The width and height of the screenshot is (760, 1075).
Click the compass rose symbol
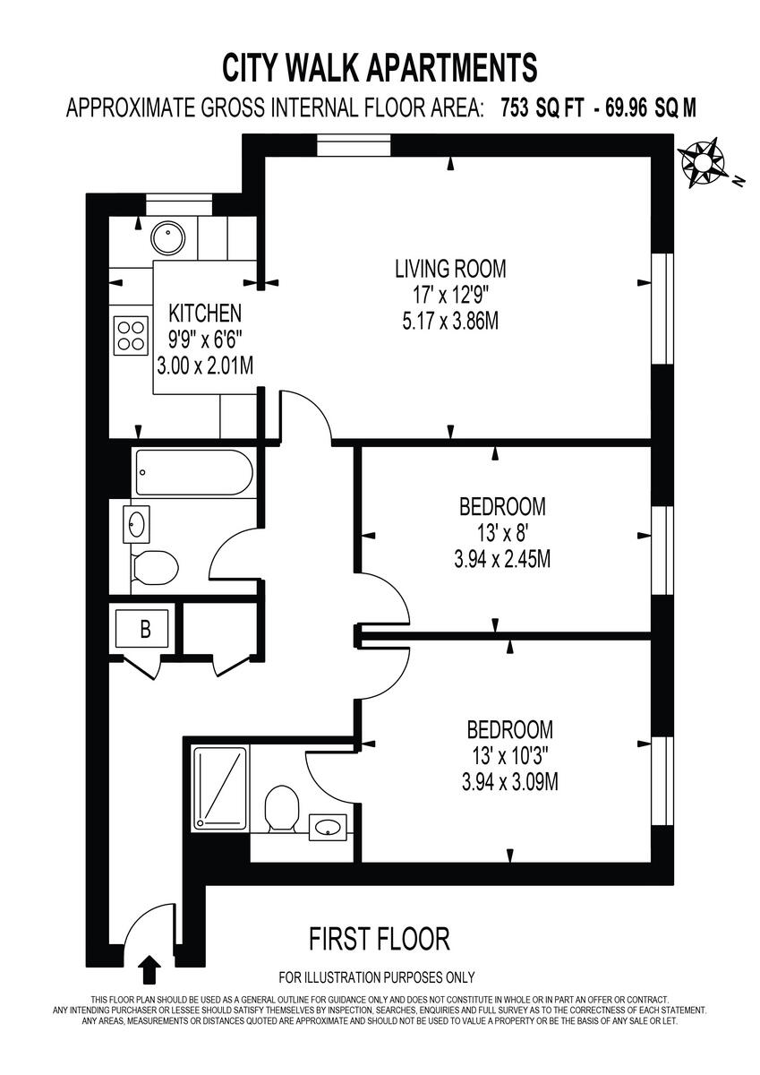coord(703,162)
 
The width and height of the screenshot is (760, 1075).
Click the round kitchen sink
coord(166,236)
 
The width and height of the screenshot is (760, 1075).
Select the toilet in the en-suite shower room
coord(281,809)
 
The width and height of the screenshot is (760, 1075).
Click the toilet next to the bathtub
coord(155,568)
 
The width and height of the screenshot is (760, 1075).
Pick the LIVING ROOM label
coord(450,268)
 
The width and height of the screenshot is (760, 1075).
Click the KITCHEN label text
coord(205,314)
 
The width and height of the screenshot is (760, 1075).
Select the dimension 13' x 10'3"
coord(509,756)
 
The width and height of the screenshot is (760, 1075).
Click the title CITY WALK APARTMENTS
coord(380,68)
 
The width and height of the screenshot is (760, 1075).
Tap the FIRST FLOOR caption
coord(379,939)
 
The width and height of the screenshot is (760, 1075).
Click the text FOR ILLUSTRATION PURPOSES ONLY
coord(377,977)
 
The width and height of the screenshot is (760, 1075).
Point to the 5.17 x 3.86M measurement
coord(450,320)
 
